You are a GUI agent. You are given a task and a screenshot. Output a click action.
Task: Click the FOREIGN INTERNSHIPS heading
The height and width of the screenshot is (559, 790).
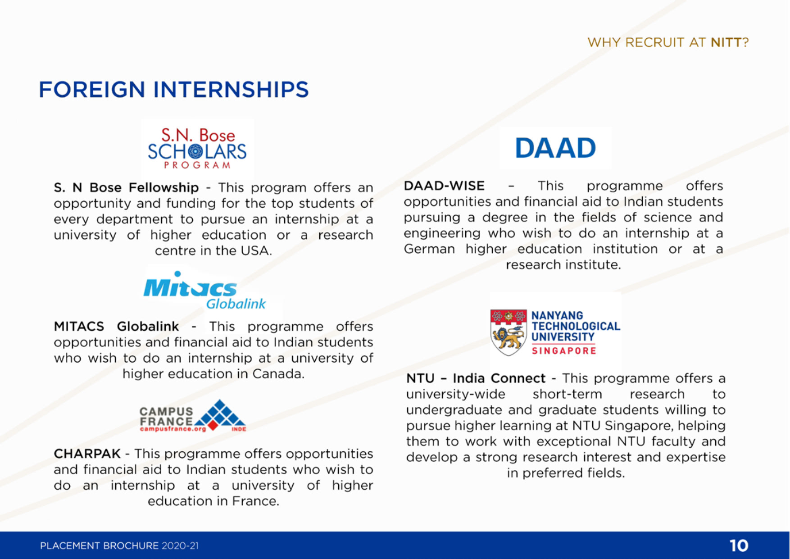[174, 89]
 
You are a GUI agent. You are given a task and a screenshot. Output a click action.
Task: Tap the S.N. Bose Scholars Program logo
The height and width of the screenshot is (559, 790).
[197, 149]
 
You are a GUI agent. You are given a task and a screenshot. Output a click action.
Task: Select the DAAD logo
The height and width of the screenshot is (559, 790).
[555, 148]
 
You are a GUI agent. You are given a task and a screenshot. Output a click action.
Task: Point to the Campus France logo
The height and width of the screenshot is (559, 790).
[193, 416]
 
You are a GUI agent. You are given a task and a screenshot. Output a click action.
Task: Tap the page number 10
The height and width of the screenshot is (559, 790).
[739, 545]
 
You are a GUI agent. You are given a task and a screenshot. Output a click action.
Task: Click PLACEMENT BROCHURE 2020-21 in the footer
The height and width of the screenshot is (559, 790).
[119, 546]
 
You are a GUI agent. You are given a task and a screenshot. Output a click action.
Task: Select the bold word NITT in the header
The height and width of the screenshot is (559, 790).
[726, 42]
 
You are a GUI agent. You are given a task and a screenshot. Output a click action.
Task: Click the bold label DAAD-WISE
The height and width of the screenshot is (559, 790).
[444, 186]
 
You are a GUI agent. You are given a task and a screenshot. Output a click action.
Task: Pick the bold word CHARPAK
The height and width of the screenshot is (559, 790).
[87, 454]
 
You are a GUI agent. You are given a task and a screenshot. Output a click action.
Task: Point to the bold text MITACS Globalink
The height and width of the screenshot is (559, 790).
[116, 326]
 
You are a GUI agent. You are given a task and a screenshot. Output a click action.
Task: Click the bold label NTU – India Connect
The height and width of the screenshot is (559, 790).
[476, 378]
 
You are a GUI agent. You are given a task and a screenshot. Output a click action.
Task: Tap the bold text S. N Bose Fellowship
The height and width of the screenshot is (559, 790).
[126, 187]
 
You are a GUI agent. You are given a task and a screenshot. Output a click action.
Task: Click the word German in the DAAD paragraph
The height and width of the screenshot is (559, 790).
[429, 249]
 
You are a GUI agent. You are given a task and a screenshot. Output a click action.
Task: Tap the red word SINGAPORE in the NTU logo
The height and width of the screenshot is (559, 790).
[564, 350]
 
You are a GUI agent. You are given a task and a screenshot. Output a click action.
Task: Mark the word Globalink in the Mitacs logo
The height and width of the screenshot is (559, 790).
[236, 304]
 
